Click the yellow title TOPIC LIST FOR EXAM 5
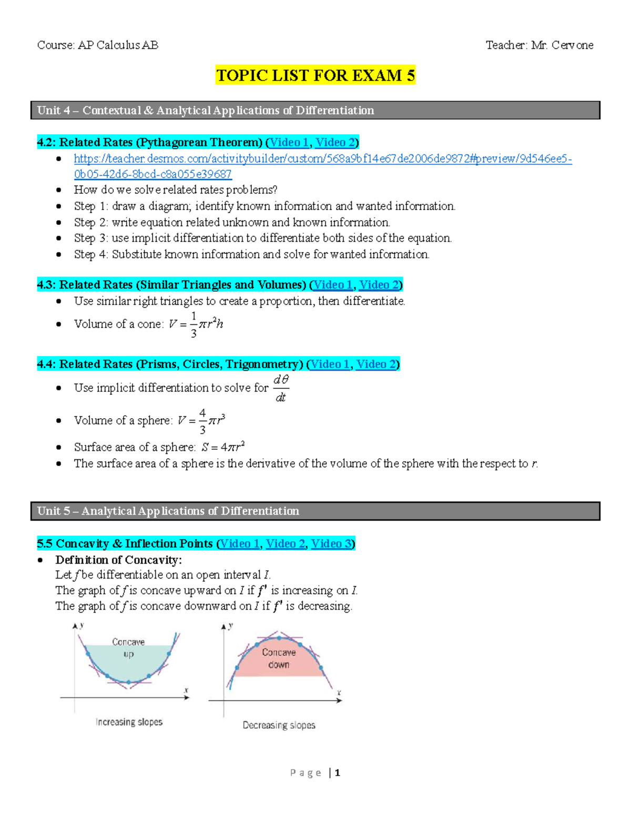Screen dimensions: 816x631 [x=315, y=75]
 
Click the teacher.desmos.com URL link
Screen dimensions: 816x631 [x=322, y=159]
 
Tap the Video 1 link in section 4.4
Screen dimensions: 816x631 [x=330, y=364]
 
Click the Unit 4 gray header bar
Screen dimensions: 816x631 [x=315, y=110]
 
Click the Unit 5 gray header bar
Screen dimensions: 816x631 [x=315, y=511]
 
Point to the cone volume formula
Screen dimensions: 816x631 [x=196, y=324]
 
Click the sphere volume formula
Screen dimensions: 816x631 [x=201, y=421]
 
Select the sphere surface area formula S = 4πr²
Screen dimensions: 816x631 [x=223, y=447]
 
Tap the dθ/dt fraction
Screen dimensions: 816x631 [x=281, y=388]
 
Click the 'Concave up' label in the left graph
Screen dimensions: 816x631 [x=128, y=648]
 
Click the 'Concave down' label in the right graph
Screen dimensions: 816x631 [x=279, y=658]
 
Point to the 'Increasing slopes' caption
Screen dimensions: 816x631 [x=129, y=722]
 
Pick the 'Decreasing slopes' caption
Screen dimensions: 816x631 [x=279, y=725]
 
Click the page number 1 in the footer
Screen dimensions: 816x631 [x=338, y=772]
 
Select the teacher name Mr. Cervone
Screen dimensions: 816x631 [x=562, y=45]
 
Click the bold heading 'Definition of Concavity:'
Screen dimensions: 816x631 [x=119, y=560]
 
